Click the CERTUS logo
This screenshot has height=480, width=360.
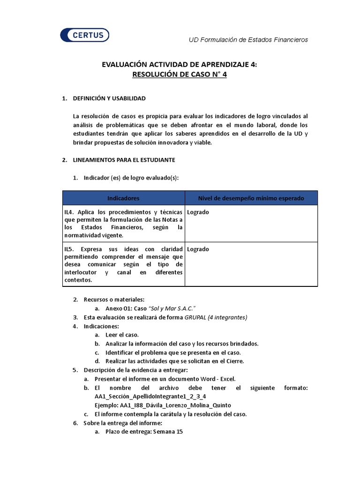[x=85, y=35]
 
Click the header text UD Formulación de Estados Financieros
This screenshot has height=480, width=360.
[x=248, y=40]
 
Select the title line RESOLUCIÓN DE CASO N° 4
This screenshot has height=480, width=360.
[x=180, y=75]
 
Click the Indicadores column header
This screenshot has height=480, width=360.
[x=123, y=198]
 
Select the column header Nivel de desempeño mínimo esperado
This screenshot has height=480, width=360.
[x=251, y=198]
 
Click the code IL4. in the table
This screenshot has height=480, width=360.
[x=70, y=212]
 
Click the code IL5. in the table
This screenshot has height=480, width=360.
[x=70, y=249]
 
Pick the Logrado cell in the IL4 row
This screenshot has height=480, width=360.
[x=198, y=212]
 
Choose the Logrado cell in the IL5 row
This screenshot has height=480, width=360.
[x=198, y=249]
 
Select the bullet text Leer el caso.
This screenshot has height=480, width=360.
[x=122, y=335]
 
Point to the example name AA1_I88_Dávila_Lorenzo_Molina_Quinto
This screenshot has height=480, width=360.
[x=163, y=405]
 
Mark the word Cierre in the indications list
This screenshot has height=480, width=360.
[x=235, y=361]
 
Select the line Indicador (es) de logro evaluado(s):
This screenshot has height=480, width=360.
[x=131, y=178]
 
